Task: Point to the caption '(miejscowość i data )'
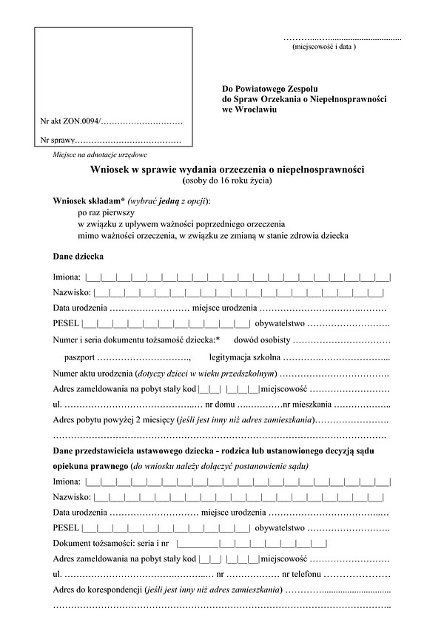point(325,47)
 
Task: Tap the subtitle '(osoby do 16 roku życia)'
point(227,180)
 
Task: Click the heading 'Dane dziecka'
point(78,257)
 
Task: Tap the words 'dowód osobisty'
point(262,340)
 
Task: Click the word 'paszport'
point(79,357)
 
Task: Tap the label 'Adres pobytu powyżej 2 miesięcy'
point(111,421)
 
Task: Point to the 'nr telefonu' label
point(301,575)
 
